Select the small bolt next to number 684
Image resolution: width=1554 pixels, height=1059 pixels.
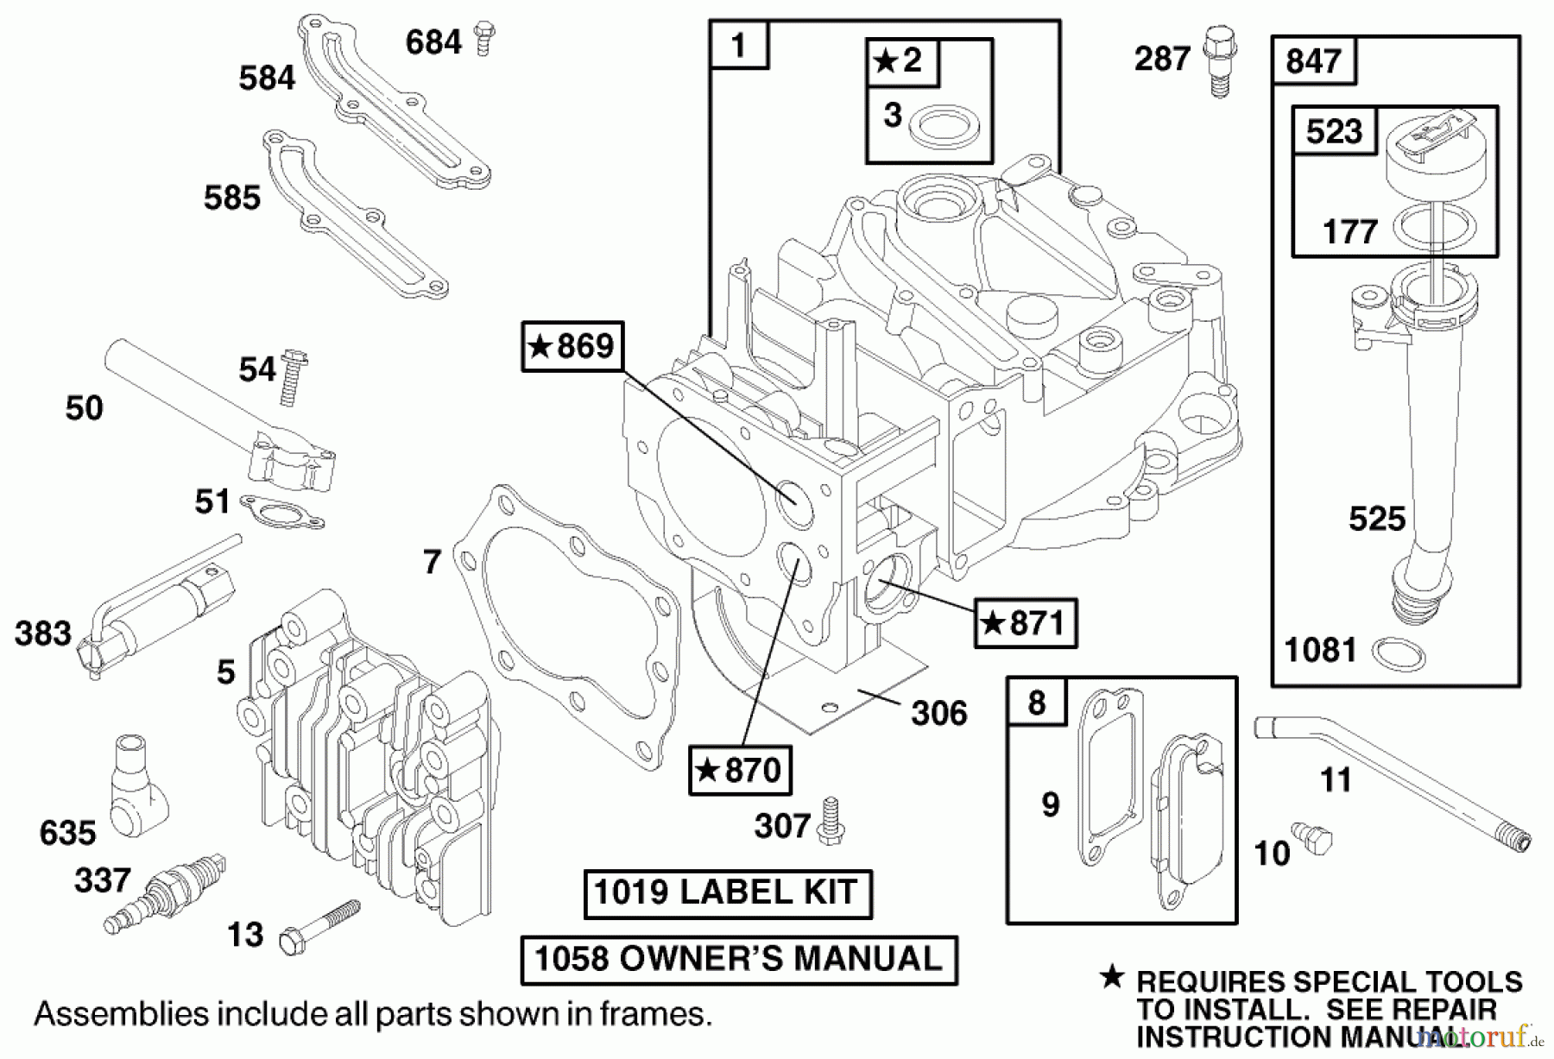point(485,39)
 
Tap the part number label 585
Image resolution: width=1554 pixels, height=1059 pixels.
point(231,199)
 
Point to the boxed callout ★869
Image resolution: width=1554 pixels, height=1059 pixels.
point(572,347)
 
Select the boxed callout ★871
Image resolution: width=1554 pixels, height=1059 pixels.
point(1026,623)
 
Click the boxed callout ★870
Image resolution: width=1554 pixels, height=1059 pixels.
point(740,770)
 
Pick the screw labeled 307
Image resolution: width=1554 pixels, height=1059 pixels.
point(831,821)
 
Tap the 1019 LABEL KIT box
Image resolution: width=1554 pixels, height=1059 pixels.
point(727,893)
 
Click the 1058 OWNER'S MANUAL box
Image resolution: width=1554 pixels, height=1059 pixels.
point(739,960)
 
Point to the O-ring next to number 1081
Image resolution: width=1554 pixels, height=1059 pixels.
point(1398,653)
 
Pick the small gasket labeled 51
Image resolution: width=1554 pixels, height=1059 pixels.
point(281,512)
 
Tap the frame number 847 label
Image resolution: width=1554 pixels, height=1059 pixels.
point(1313,61)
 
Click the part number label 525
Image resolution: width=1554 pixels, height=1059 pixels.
point(1377,520)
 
